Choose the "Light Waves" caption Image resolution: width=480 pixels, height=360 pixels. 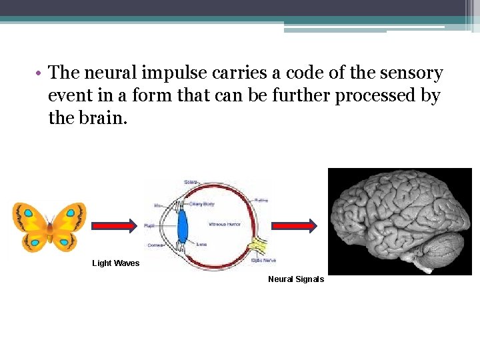[116, 263]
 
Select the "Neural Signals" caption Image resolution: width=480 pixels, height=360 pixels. [296, 279]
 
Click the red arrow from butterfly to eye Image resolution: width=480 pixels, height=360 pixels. [114, 225]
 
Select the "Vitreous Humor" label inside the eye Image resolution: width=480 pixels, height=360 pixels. [223, 223]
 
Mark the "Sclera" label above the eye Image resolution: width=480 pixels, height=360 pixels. [191, 182]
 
